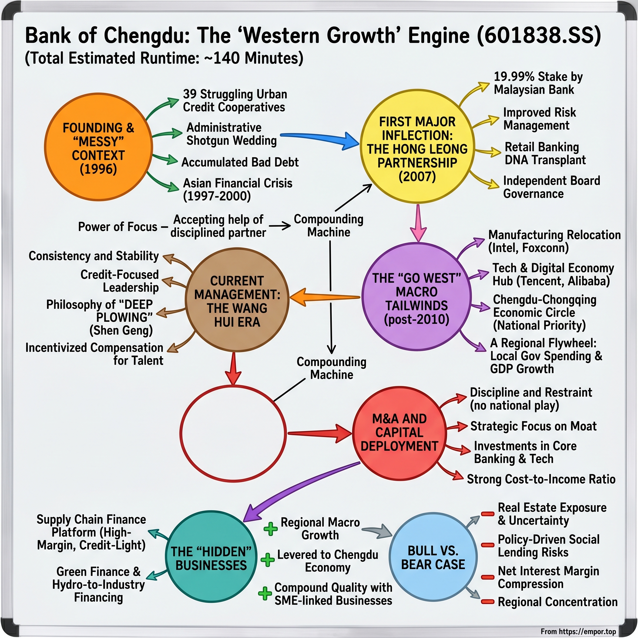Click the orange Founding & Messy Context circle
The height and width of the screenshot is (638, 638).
(98, 147)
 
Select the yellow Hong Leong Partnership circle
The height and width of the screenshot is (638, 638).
(417, 147)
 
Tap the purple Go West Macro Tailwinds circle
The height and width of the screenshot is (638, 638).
(417, 297)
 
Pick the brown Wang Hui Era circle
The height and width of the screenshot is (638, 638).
(237, 300)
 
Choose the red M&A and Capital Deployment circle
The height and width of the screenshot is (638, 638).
(399, 433)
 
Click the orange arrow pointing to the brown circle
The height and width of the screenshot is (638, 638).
(324, 297)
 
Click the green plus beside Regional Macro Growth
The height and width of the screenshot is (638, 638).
(270, 529)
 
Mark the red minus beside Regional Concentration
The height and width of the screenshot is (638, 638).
(488, 601)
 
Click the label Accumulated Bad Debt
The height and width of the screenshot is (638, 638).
(240, 162)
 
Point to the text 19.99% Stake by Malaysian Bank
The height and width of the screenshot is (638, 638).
(538, 83)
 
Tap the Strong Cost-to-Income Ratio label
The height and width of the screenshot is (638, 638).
(541, 479)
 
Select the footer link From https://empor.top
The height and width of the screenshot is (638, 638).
(578, 631)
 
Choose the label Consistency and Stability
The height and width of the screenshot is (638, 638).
(94, 256)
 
